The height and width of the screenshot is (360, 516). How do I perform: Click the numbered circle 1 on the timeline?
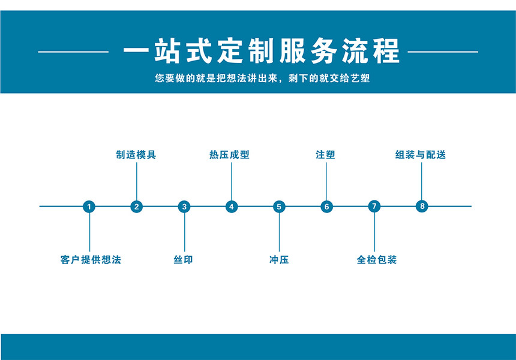pyautogui.click(x=89, y=206)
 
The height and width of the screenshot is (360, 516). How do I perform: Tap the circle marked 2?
pyautogui.click(x=137, y=206)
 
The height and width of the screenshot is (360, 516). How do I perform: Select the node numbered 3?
pyautogui.click(x=184, y=206)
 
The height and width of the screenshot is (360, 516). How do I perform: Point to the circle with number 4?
pyautogui.click(x=232, y=206)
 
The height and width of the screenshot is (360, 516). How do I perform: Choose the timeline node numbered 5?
pyautogui.click(x=279, y=206)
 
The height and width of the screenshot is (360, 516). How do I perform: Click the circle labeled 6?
pyautogui.click(x=327, y=206)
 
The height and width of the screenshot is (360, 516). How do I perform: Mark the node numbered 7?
pyautogui.click(x=374, y=206)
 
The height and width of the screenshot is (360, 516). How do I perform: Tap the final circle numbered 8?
pyautogui.click(x=422, y=206)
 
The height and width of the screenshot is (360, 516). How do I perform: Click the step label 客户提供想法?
pyautogui.click(x=91, y=260)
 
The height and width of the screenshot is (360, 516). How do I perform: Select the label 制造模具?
pyautogui.click(x=136, y=155)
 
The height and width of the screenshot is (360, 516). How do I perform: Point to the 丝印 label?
pyautogui.click(x=183, y=260)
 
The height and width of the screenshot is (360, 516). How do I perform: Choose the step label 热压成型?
pyautogui.click(x=229, y=155)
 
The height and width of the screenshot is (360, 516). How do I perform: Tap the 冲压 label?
pyautogui.click(x=279, y=260)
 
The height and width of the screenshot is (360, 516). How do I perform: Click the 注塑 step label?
pyautogui.click(x=325, y=155)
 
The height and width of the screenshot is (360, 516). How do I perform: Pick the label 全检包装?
pyautogui.click(x=377, y=260)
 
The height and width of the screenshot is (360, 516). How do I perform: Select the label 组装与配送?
pyautogui.click(x=421, y=155)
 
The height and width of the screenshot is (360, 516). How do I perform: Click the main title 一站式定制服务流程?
pyautogui.click(x=261, y=51)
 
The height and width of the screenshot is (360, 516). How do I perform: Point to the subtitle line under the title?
pyautogui.click(x=262, y=78)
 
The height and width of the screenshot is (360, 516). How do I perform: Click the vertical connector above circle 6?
pyautogui.click(x=326, y=181)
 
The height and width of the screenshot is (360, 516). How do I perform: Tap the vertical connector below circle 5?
pyautogui.click(x=279, y=232)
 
